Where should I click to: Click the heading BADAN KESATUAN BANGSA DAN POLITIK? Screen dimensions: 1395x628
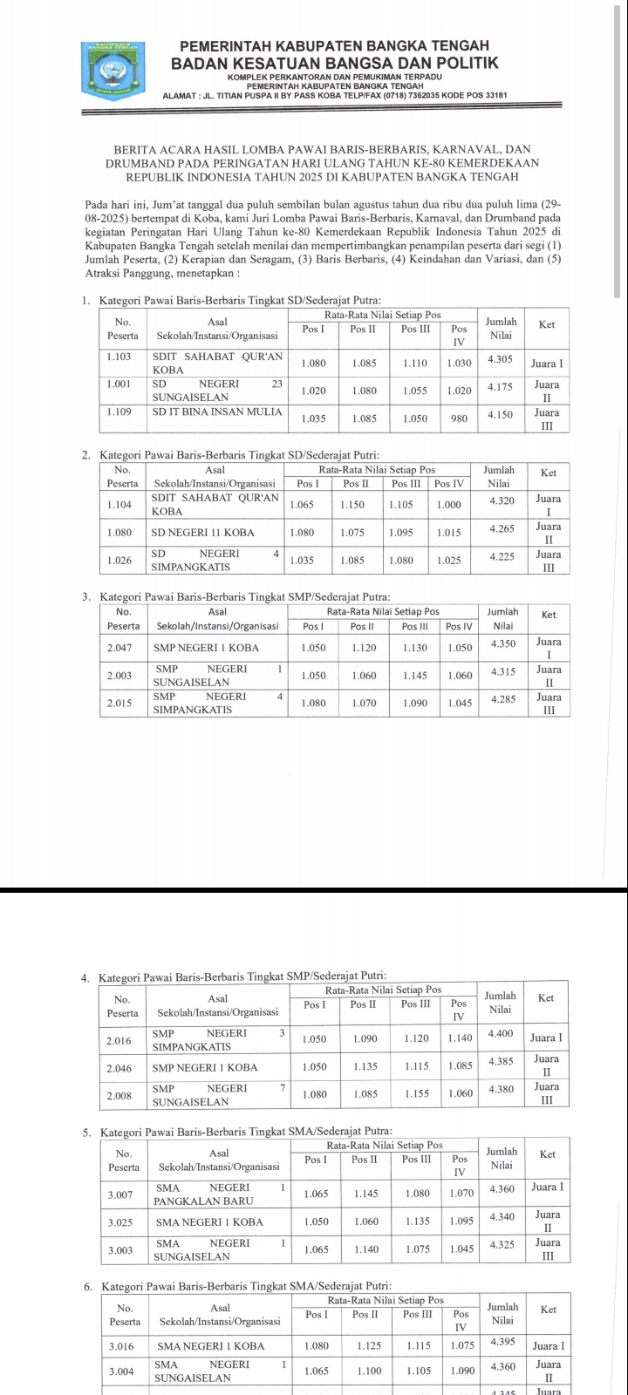[335, 63]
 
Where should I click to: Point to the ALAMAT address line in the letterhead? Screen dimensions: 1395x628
[335, 94]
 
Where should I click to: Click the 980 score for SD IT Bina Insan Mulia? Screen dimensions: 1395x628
[460, 418]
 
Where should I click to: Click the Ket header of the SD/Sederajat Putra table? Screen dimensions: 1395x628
[547, 324]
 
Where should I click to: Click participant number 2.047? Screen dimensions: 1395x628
[119, 648]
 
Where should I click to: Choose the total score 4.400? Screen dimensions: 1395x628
[501, 1033]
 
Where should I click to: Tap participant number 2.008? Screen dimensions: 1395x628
[119, 1095]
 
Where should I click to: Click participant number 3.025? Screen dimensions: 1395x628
[120, 1222]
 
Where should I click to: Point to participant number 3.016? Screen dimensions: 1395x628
[120, 1346]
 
